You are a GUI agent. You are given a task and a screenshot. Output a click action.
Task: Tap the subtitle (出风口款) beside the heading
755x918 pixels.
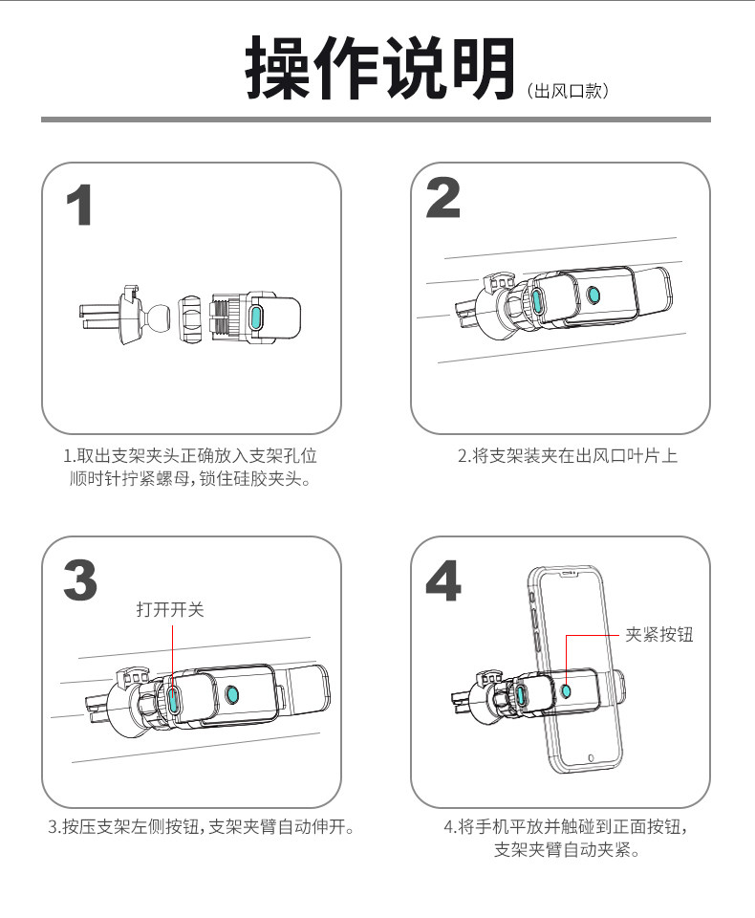[x=568, y=92]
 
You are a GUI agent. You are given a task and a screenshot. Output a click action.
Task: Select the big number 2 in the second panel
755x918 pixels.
[x=442, y=198]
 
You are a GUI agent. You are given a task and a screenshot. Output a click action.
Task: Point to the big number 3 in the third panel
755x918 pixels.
[x=80, y=580]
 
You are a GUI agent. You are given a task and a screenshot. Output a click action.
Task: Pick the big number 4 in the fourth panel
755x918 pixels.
[x=442, y=579]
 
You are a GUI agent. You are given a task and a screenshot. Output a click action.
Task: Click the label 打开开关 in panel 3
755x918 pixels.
[x=170, y=609]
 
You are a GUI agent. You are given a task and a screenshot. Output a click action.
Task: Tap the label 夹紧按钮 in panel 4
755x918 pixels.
[x=658, y=634]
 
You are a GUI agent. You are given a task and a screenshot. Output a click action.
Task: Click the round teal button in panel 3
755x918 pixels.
[x=232, y=693]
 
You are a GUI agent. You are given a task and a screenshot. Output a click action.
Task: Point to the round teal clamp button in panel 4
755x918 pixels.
[x=567, y=689]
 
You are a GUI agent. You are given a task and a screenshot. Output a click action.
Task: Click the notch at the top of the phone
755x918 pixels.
[x=570, y=577]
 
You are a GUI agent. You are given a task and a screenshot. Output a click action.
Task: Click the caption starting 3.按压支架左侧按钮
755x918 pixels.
[x=202, y=826]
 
